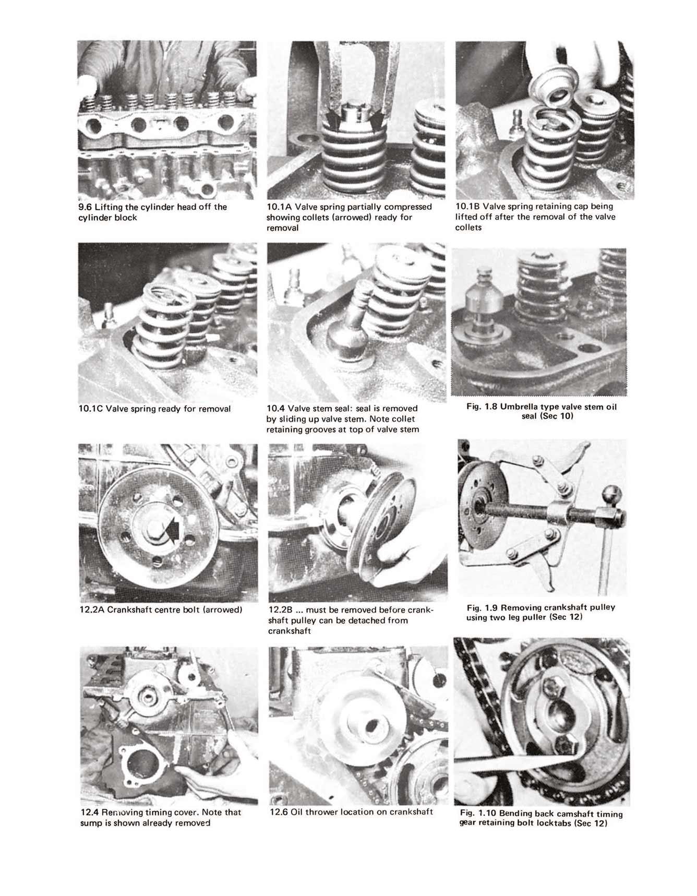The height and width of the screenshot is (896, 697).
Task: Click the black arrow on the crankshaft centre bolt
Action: tap(175, 530)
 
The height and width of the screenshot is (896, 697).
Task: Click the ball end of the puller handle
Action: tap(612, 494)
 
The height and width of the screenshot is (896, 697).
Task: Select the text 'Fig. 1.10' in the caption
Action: tap(478, 814)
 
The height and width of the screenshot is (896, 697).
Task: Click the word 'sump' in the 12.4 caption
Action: tap(90, 823)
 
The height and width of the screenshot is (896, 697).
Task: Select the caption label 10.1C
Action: tap(91, 409)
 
